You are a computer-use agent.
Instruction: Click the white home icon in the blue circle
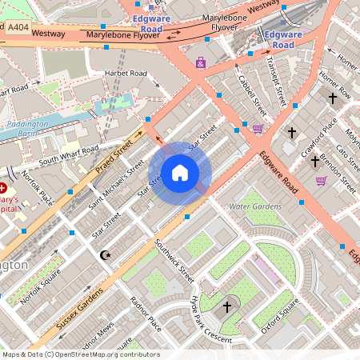tap(180, 173)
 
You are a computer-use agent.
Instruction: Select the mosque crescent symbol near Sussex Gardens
tap(104, 255)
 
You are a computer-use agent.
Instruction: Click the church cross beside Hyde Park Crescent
tap(227, 306)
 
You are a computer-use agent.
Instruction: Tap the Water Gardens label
tap(255, 206)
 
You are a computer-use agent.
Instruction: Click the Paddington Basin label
tap(28, 129)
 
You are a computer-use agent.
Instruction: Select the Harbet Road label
tap(126, 74)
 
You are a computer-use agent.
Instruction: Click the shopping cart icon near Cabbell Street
tap(258, 128)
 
